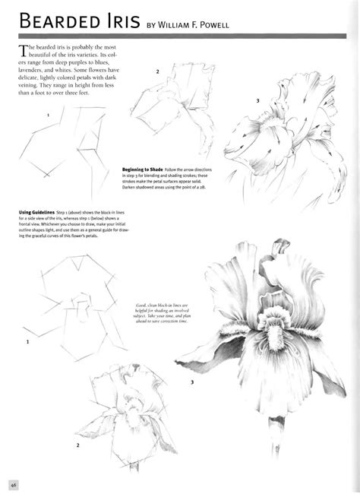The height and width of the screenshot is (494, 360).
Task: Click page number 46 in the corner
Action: point(13,483)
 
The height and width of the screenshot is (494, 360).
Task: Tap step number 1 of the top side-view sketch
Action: point(48,115)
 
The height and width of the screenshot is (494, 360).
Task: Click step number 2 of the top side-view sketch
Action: point(157,72)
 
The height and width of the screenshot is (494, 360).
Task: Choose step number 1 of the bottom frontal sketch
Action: point(28,342)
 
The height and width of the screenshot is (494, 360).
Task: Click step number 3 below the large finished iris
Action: point(192,382)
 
